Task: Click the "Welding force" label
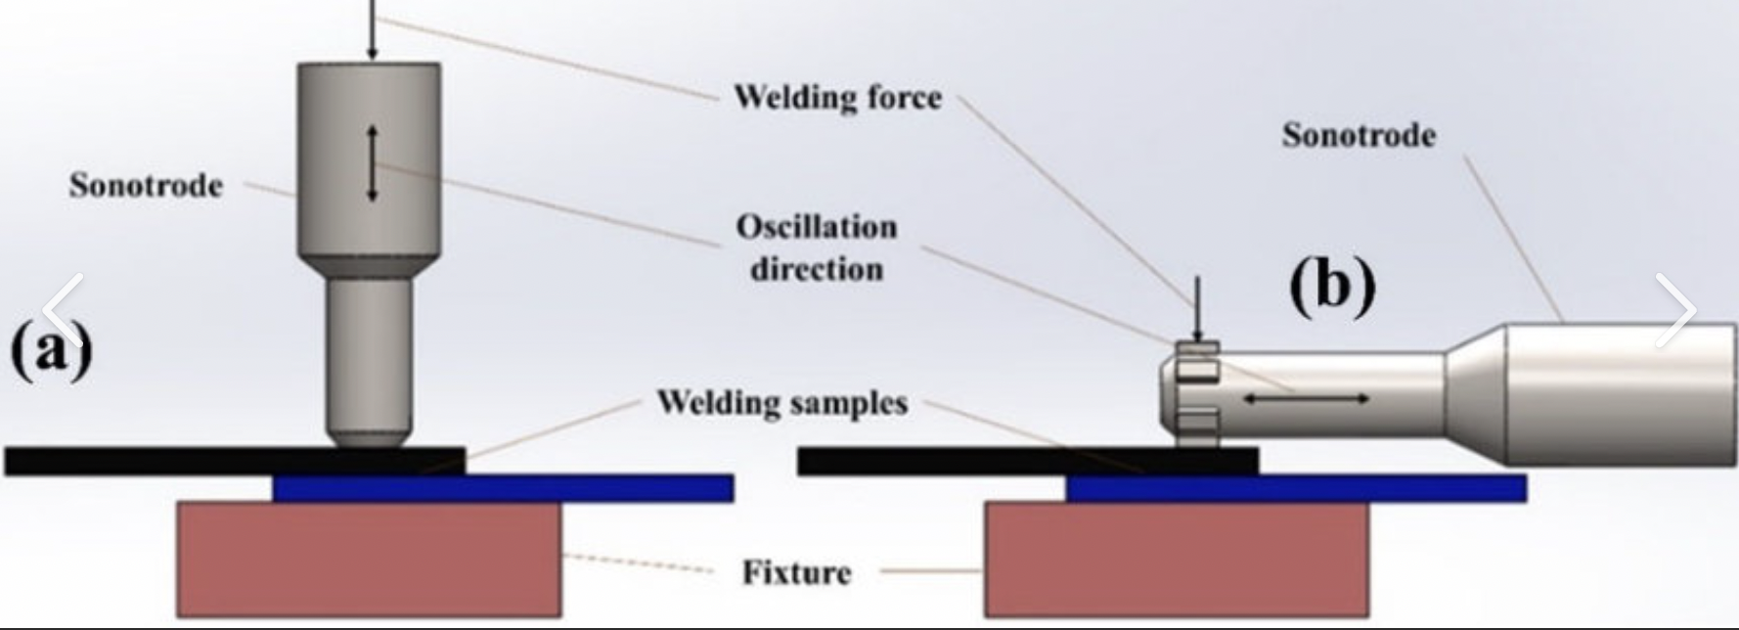[x=837, y=97]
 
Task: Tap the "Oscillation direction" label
[x=817, y=247]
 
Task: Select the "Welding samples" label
[x=781, y=402]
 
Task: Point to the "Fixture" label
[x=796, y=571]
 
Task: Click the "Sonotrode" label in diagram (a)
[x=146, y=185]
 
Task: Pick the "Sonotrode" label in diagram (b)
[x=1359, y=135]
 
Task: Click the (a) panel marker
[x=51, y=348]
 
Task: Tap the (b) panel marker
[x=1332, y=286]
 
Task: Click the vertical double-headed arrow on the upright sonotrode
[x=372, y=163]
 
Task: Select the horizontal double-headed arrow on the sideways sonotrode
[x=1306, y=398]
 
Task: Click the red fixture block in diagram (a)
[x=369, y=559]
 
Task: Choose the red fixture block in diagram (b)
[x=1177, y=559]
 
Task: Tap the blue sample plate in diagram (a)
[x=503, y=488]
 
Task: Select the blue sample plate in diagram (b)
[x=1296, y=488]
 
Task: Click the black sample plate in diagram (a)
[x=235, y=462]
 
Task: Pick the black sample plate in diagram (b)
[x=1028, y=462]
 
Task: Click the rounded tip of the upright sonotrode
[x=369, y=436]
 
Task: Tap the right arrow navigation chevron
[x=1676, y=310]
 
